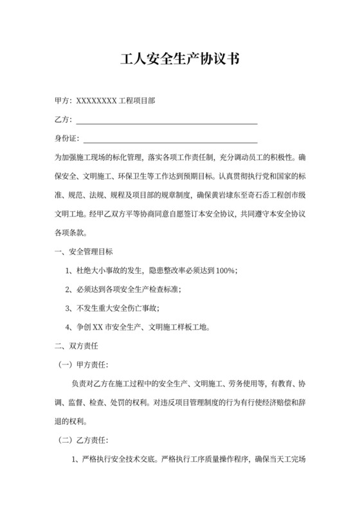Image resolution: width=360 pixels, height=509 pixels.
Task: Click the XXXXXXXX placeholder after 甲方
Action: (96, 100)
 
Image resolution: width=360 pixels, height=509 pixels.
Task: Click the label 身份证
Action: (66, 139)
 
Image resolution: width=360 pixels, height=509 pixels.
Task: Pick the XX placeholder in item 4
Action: (98, 326)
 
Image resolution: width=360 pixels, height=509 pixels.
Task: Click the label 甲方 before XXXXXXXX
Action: (62, 100)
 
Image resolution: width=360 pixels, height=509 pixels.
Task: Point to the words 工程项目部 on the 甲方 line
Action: (136, 100)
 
